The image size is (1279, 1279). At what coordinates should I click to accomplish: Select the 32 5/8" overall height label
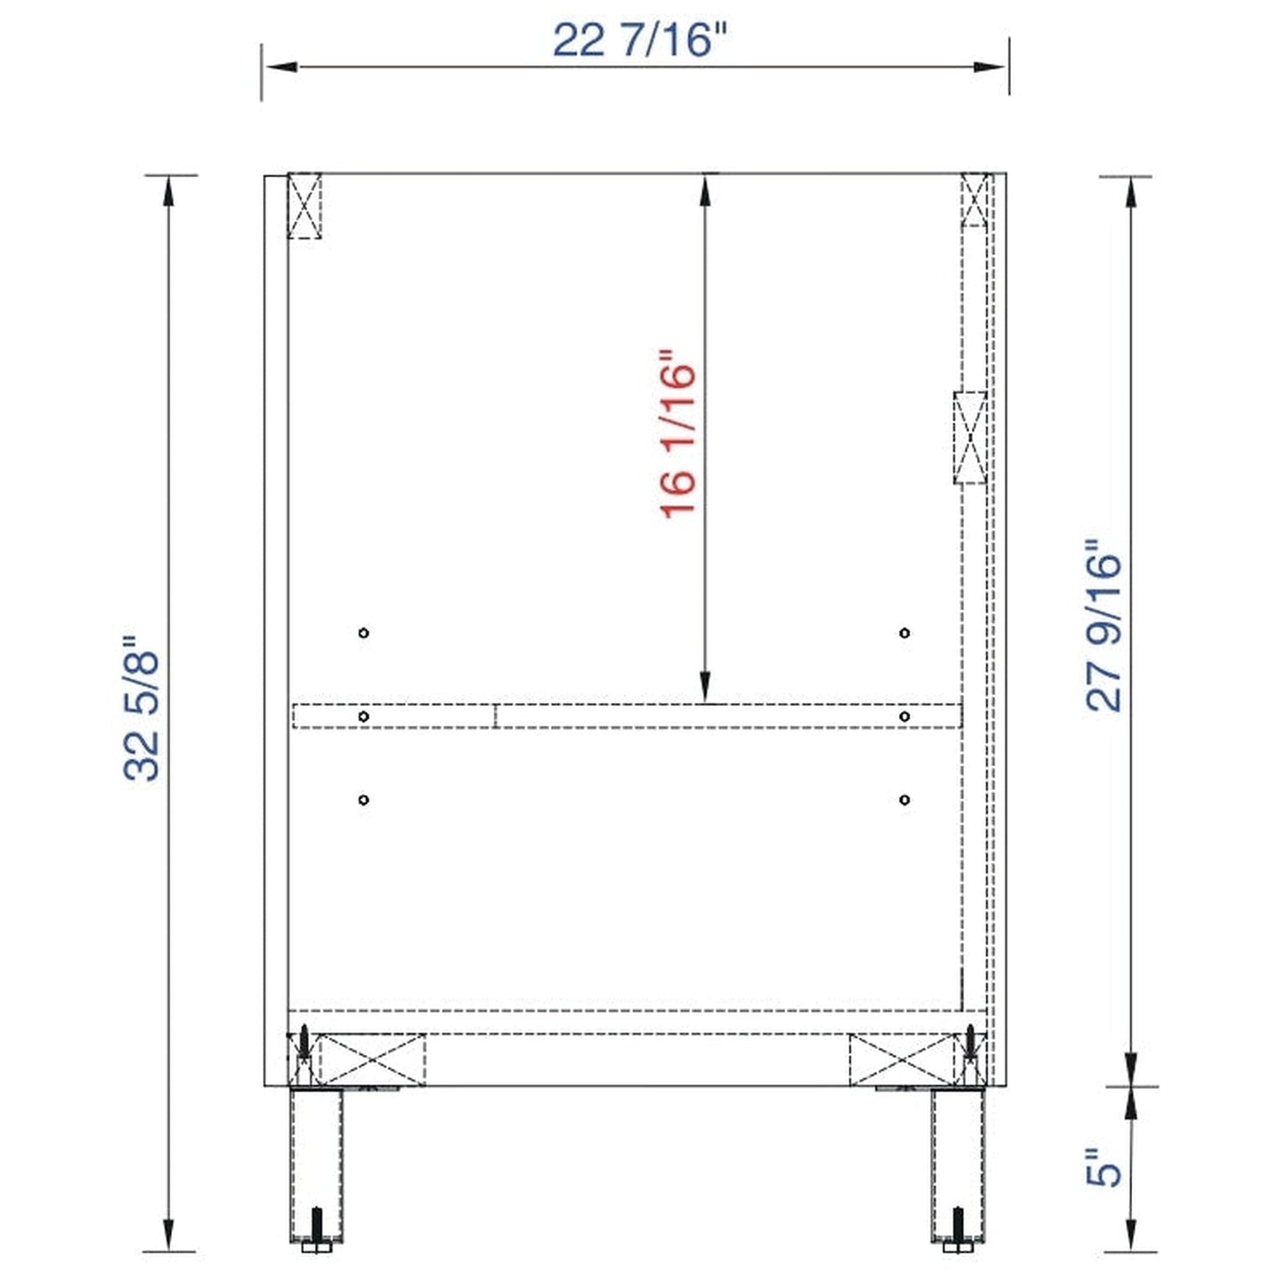(x=142, y=708)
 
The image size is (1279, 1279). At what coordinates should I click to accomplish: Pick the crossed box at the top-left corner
(x=304, y=205)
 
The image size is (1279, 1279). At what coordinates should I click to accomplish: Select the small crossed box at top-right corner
(x=975, y=199)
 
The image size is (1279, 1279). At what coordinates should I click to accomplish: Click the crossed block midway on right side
(x=970, y=437)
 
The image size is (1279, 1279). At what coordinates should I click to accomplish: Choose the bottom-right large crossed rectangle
(x=902, y=1060)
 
